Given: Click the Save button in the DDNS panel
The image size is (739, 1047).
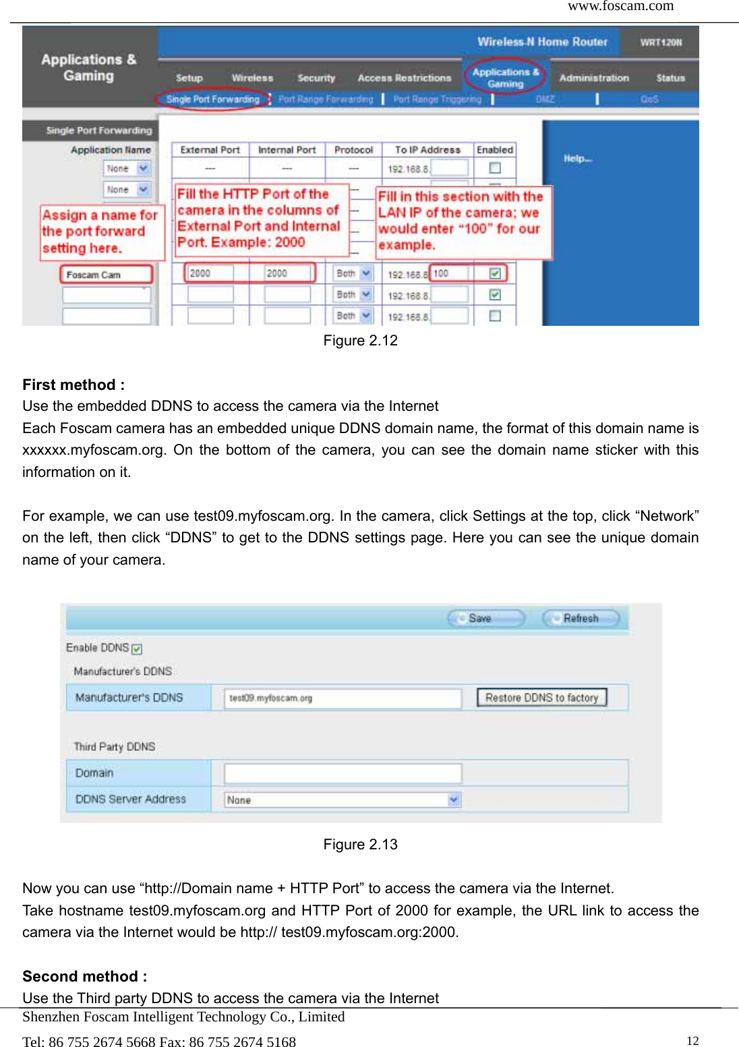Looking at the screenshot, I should coord(486,618).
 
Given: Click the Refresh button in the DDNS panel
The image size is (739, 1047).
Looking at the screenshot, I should coord(580,618).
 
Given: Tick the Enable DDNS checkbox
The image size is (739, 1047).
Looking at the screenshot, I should coord(137,649).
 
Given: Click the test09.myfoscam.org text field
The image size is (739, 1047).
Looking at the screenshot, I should coord(343,698).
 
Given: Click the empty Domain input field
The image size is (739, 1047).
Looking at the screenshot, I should coord(343,773).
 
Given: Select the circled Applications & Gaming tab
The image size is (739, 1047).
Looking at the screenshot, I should coord(505,77).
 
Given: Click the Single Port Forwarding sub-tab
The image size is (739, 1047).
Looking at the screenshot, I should coord(212,99).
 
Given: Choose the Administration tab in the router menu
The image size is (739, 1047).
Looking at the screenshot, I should coord(593,78).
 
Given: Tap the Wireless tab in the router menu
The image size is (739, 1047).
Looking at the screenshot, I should coord(252,78).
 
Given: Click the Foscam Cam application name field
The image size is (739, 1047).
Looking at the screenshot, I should coord(107,275).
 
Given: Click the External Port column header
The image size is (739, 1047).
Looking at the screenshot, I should coord(210,150).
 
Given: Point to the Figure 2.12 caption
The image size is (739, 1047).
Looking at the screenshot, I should coord(360,341).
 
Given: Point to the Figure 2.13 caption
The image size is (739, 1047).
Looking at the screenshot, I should coord(360,845).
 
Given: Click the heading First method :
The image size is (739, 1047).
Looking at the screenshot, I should coord(73,385).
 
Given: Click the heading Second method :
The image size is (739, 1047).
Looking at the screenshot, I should coord(84,977).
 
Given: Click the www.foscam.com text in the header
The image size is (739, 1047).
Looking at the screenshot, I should coord(620,6).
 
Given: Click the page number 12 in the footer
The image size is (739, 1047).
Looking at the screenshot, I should coord(692,1040).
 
